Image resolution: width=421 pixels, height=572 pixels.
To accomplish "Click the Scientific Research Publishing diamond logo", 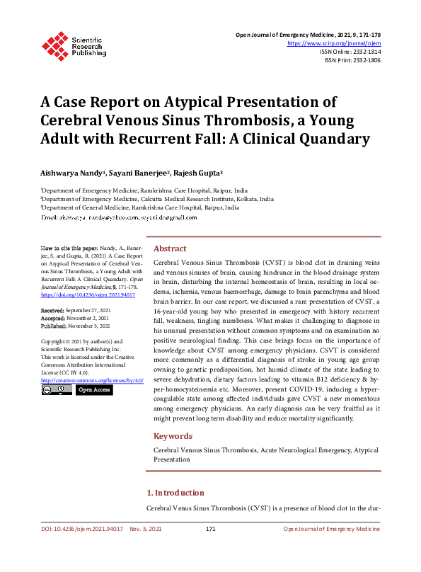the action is pyautogui.click(x=55, y=44).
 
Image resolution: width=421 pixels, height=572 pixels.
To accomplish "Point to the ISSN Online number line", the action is pyautogui.click(x=350, y=52).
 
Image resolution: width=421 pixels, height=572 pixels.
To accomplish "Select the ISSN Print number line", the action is pyautogui.click(x=352, y=61).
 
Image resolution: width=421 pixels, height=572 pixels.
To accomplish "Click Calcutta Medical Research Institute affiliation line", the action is pyautogui.click(x=156, y=199).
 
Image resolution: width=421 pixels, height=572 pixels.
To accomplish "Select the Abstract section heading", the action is pyautogui.click(x=170, y=248).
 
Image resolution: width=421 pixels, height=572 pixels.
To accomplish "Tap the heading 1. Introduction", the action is pyautogui.click(x=175, y=493).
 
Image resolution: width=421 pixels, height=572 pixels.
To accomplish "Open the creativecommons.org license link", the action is pyautogui.click(x=92, y=380).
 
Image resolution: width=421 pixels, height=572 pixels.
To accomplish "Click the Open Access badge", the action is pyautogui.click(x=93, y=389).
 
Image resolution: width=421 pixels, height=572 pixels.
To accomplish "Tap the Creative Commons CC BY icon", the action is pyautogui.click(x=56, y=389).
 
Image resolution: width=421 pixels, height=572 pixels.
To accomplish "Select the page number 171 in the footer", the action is pyautogui.click(x=210, y=530).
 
